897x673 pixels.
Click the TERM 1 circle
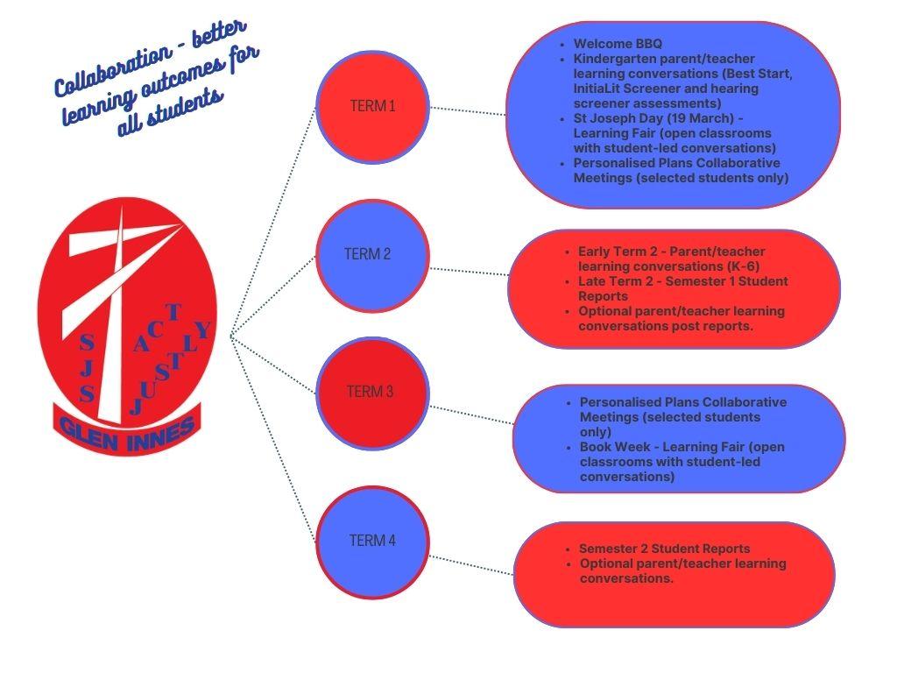[x=372, y=106]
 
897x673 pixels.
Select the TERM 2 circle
[x=372, y=255]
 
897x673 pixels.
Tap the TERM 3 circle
[x=372, y=392]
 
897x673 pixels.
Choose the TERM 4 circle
[x=372, y=541]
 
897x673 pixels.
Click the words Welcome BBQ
[x=618, y=44]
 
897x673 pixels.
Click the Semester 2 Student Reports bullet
[x=664, y=549]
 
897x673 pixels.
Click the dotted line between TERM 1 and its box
[x=468, y=111]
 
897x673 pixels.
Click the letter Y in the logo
[x=202, y=330]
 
